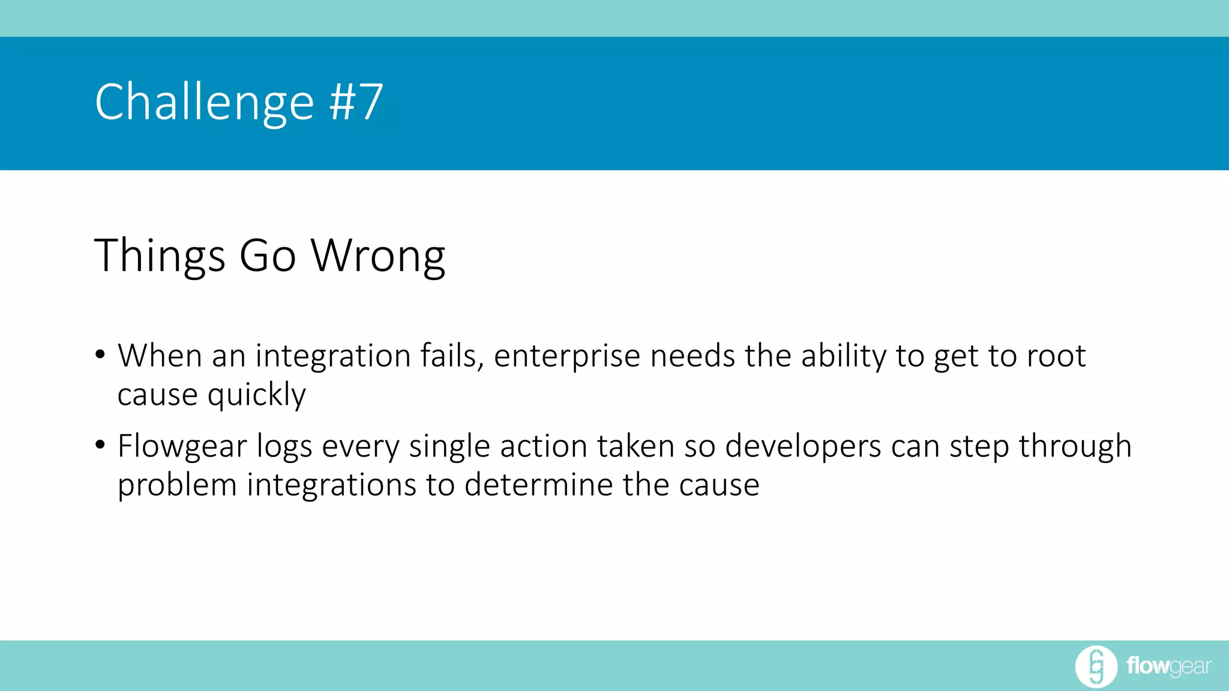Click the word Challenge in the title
click(x=204, y=103)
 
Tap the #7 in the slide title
click(x=356, y=101)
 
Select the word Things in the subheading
click(x=160, y=256)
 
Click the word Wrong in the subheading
click(x=378, y=256)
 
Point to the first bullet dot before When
click(x=100, y=354)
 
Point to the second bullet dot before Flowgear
click(x=100, y=444)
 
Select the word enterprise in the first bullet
click(x=567, y=356)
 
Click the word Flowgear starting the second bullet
click(x=182, y=447)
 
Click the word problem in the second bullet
click(x=177, y=485)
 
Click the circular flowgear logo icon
click(x=1096, y=666)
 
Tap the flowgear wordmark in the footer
click(x=1168, y=666)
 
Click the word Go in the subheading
click(x=268, y=256)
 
